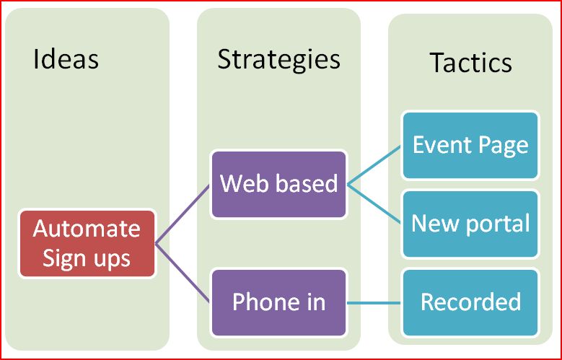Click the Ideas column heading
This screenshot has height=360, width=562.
pos(66,59)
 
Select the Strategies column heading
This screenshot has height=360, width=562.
pos(279,60)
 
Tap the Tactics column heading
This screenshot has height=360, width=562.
pos(470,62)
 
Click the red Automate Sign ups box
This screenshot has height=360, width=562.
pos(87,244)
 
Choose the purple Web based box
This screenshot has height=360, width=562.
pos(279,184)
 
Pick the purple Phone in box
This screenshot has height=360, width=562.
pos(279,302)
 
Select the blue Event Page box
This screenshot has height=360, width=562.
pos(470,145)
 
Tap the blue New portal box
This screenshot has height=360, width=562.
pos(470,224)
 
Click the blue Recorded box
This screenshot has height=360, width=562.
pos(470,302)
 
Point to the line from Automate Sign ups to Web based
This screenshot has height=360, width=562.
pos(183,214)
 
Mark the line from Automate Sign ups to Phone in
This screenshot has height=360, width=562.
pos(183,273)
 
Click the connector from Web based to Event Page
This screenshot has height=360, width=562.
pos(374,165)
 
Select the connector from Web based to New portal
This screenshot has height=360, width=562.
pos(374,203)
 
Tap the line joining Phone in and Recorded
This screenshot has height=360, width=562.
pos(374,303)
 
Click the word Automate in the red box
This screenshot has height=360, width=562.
pos(87,229)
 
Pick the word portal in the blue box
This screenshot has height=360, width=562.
pos(498,224)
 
